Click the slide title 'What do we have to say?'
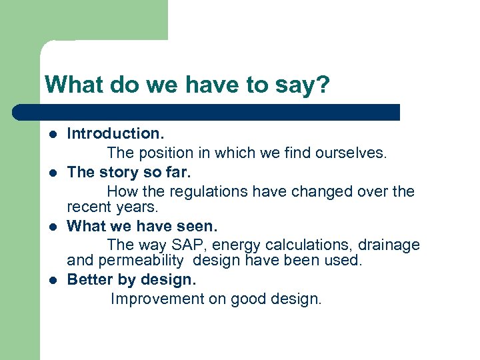pyautogui.click(x=187, y=85)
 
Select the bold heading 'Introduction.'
pyautogui.click(x=111, y=134)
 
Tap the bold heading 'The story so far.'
pyautogui.click(x=129, y=172)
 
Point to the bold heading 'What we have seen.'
pyautogui.click(x=142, y=225)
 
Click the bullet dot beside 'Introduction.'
pyautogui.click(x=53, y=135)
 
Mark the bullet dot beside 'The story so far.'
pyautogui.click(x=53, y=173)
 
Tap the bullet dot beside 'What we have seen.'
pyautogui.click(x=53, y=226)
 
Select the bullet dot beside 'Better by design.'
pyautogui.click(x=53, y=279)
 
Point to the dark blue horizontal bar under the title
pyautogui.click(x=207, y=112)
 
